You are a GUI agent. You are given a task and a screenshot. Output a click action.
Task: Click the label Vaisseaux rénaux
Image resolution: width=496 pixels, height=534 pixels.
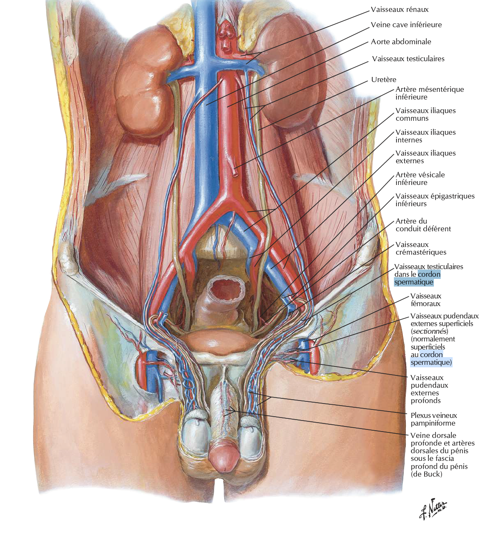point(399,9)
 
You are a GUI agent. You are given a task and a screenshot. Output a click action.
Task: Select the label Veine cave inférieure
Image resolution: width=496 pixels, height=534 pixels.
point(406,25)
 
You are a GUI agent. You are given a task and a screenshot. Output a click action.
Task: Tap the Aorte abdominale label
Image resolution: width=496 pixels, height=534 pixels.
point(401,42)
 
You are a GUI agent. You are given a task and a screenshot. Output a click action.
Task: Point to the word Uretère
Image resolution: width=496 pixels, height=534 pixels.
point(383,80)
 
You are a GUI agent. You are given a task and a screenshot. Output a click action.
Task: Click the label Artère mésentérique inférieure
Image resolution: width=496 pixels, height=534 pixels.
point(429,93)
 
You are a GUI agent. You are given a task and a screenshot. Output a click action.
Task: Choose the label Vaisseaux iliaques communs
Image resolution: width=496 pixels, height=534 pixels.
point(425,114)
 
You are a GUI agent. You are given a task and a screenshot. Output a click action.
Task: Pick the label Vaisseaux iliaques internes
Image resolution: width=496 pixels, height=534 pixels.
point(425,136)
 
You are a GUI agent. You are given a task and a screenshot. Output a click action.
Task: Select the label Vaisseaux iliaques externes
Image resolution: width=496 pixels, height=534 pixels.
point(425,157)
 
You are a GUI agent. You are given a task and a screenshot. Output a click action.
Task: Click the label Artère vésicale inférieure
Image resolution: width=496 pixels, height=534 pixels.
point(420,179)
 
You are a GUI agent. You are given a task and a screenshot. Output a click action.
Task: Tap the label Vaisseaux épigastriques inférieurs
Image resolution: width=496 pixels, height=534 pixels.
point(435,200)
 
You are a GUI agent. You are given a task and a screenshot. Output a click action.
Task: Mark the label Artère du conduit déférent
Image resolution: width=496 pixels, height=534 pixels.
point(423,225)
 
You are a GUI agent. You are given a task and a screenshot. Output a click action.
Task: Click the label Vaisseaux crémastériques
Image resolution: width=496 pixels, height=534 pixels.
point(420,248)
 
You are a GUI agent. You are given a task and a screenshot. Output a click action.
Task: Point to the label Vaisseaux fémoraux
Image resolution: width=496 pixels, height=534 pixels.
point(425,300)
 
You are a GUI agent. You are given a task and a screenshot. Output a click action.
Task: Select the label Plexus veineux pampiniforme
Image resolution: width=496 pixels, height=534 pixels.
point(433,419)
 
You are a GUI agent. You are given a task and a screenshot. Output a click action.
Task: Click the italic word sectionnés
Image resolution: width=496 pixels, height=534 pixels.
point(429,331)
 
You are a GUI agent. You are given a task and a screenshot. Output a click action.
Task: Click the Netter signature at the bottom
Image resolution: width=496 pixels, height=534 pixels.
point(433,508)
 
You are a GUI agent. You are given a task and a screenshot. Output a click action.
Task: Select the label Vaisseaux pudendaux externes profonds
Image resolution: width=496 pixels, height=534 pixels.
point(429,389)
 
